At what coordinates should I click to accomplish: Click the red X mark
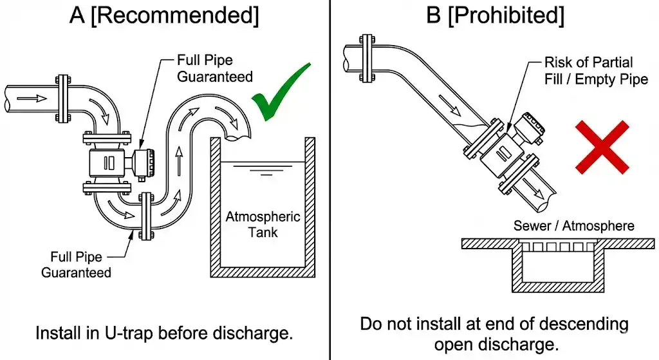[x=601, y=147]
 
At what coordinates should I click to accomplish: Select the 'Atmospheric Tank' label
[x=263, y=223]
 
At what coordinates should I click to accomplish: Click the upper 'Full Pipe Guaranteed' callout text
[x=214, y=68]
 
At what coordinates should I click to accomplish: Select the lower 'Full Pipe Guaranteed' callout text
[x=76, y=264]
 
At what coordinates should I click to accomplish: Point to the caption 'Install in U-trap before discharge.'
[x=164, y=334]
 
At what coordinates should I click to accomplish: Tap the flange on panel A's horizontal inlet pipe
[x=62, y=99]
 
